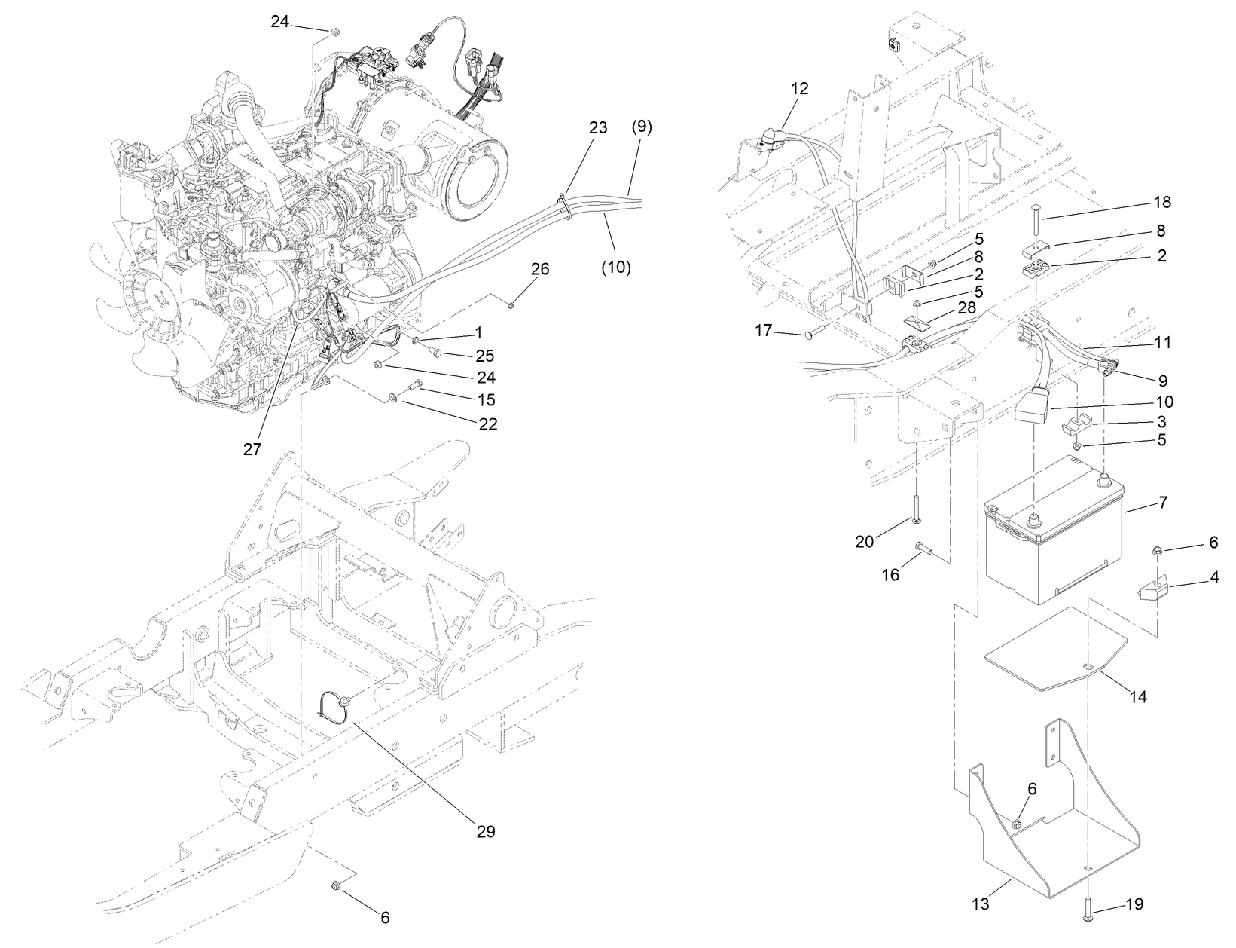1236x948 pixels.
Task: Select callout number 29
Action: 485,832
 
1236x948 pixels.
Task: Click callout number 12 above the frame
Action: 799,88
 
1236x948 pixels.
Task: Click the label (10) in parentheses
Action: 616,267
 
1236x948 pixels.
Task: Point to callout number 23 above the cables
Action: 597,127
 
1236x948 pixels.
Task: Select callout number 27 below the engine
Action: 252,448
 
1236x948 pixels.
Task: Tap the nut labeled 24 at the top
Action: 334,32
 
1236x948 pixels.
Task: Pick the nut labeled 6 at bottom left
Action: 335,886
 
